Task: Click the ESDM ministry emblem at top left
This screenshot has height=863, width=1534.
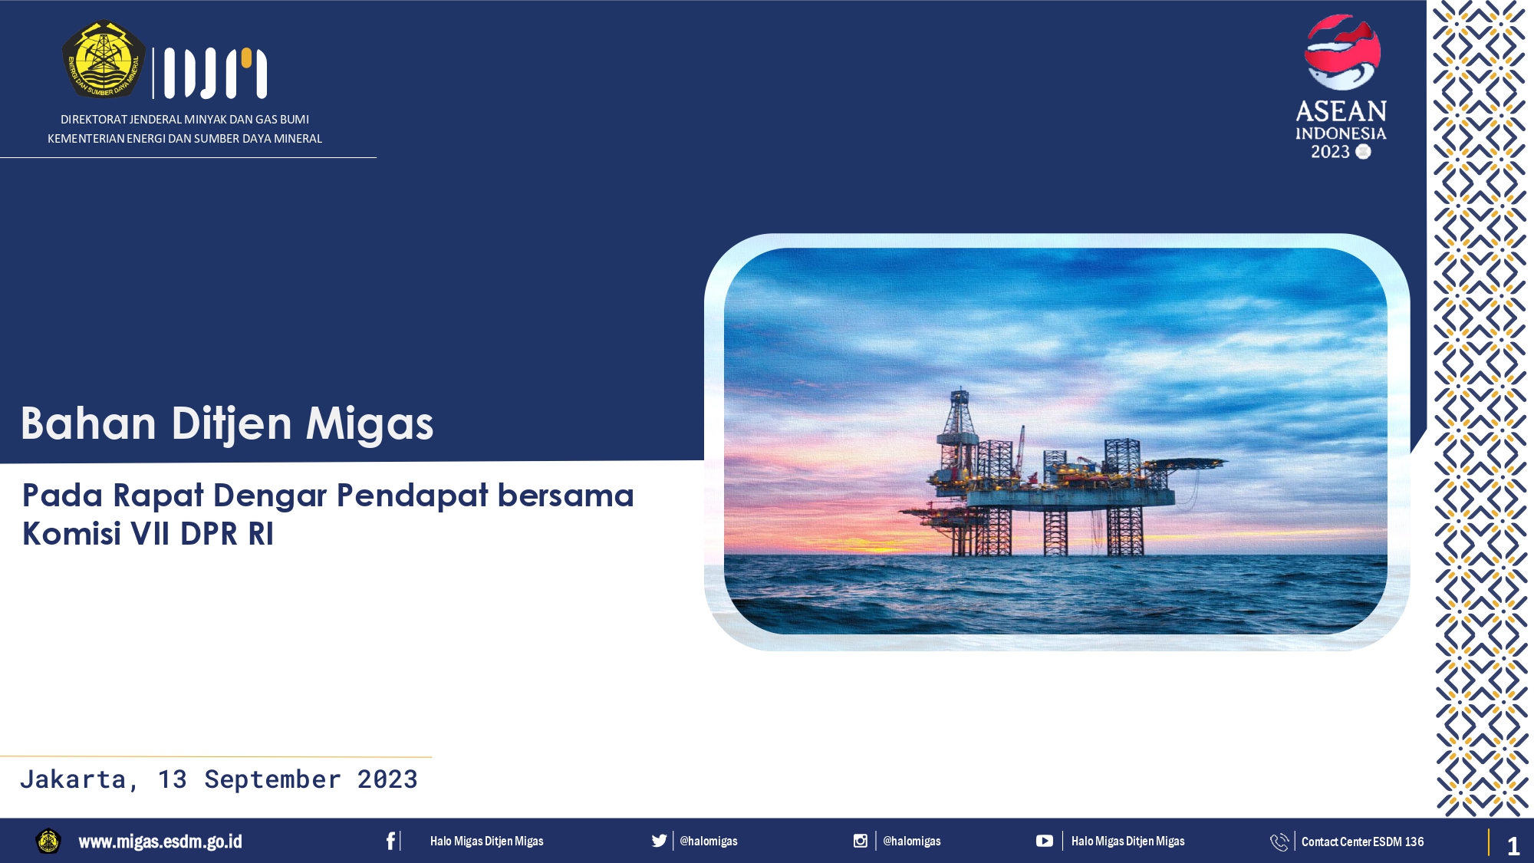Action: pos(104,60)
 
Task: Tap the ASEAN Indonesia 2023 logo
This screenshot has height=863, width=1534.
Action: pos(1341,87)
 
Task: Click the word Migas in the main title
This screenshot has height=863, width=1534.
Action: pos(370,424)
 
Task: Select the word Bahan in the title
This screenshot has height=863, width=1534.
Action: pos(89,423)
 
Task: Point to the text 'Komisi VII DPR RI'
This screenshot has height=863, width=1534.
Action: pos(148,534)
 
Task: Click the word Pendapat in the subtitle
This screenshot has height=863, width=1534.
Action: pos(413,496)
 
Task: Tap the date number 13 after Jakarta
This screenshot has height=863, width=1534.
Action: pos(173,779)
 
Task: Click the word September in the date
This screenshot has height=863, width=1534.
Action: pos(272,780)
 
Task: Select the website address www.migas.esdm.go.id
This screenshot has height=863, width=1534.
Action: pos(160,842)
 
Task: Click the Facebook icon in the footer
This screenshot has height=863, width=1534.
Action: pos(390,841)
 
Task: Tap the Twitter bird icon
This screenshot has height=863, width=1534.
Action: pos(659,841)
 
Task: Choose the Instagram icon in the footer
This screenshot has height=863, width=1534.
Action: pos(861,841)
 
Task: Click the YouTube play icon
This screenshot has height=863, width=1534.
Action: pos(1044,841)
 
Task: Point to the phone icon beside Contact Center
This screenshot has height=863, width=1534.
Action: pos(1279,842)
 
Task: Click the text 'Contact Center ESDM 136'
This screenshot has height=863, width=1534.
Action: pos(1362,842)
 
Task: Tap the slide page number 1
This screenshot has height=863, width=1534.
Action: pos(1513,846)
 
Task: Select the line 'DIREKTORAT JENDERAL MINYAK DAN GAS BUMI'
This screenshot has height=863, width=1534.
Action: pos(185,120)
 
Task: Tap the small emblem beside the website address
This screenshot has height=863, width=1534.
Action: pos(48,841)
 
